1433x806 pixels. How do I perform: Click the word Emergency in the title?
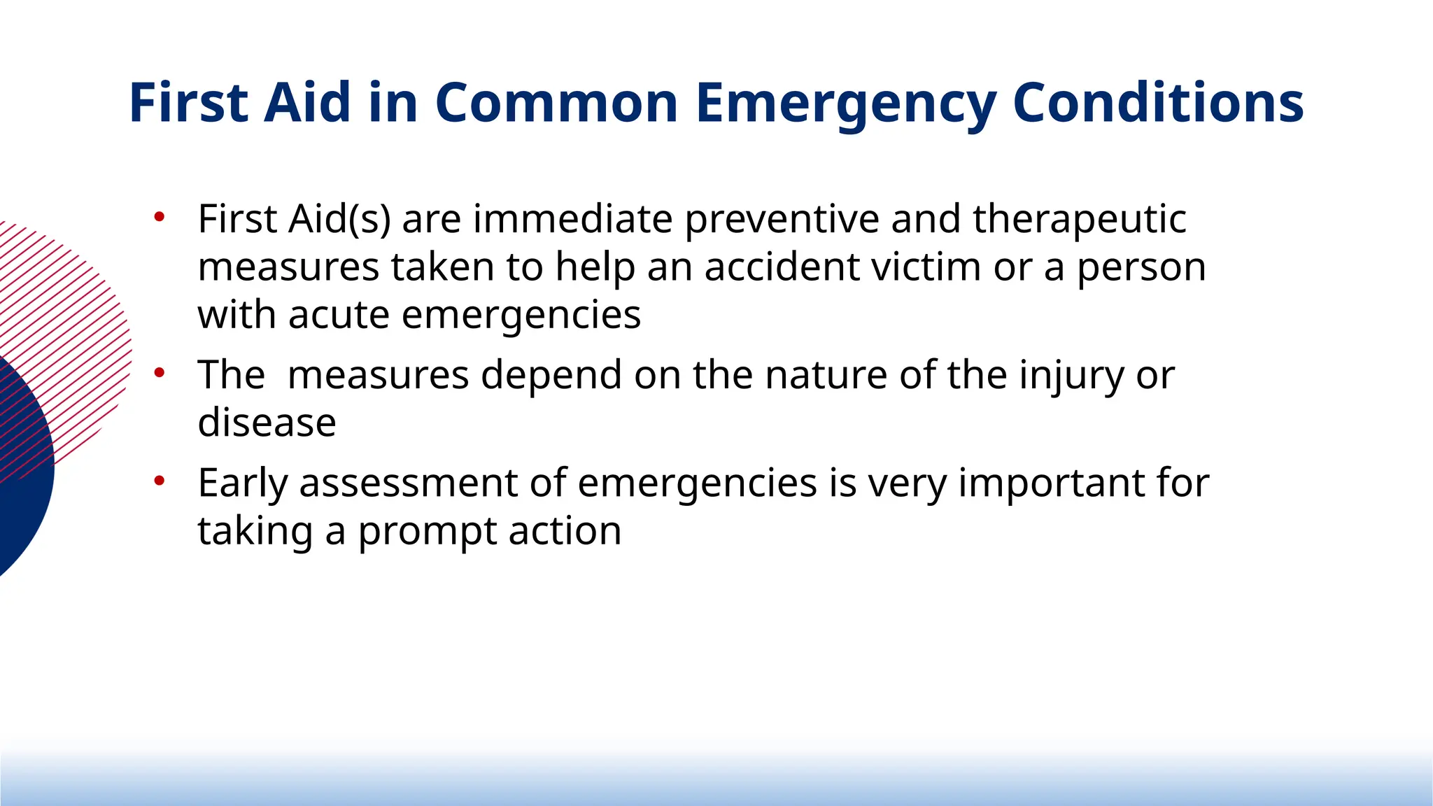pyautogui.click(x=845, y=104)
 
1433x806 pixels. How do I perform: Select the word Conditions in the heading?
pyautogui.click(x=1157, y=103)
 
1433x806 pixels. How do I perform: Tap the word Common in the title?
pyautogui.click(x=556, y=103)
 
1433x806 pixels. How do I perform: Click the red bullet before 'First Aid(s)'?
pyautogui.click(x=160, y=217)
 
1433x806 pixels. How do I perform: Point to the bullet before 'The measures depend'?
pyautogui.click(x=160, y=373)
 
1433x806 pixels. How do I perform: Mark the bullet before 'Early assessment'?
pyautogui.click(x=160, y=481)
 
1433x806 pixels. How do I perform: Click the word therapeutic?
pyautogui.click(x=1079, y=220)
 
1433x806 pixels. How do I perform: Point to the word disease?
pyautogui.click(x=267, y=423)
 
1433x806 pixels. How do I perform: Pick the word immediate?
pyautogui.click(x=572, y=220)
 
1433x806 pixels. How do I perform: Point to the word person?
pyautogui.click(x=1141, y=267)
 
